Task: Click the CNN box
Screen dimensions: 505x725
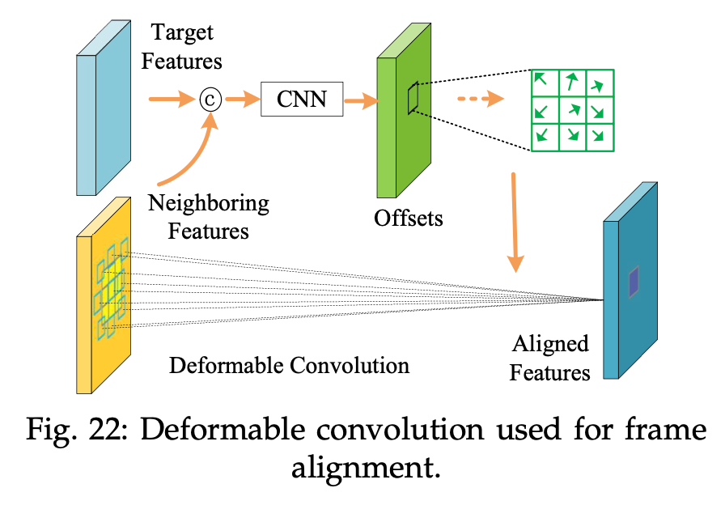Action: [x=302, y=100]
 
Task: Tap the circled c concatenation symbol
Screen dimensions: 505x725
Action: [x=210, y=100]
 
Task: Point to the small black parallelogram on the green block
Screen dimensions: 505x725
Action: [x=413, y=99]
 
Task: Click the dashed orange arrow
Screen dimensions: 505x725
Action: [x=479, y=100]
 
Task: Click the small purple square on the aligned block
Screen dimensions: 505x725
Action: [x=633, y=280]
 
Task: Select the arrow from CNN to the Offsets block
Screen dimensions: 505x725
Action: [x=361, y=100]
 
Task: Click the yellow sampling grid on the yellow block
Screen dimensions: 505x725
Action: [x=110, y=288]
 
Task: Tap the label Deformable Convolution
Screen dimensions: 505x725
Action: [x=289, y=365]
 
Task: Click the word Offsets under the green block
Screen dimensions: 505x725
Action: [x=408, y=218]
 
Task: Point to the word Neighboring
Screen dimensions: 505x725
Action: [x=208, y=202]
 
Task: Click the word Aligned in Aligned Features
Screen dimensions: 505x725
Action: [x=549, y=344]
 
